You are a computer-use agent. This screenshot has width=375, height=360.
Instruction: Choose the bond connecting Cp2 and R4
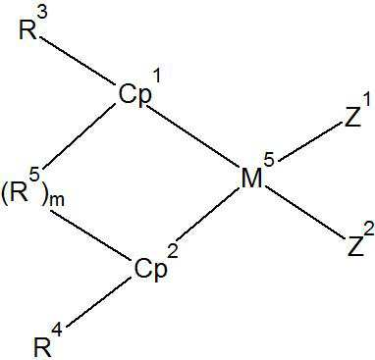click(x=94, y=303)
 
